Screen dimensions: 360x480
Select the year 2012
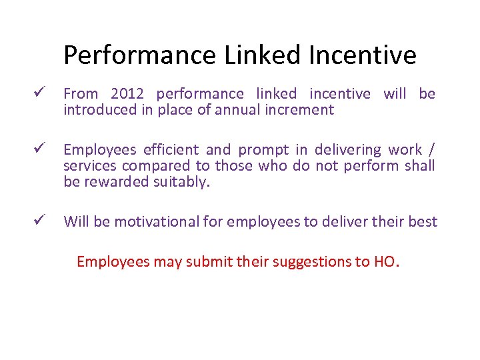[x=127, y=94]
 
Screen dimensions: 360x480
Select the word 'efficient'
[x=169, y=149]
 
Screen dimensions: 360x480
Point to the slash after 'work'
[x=432, y=149]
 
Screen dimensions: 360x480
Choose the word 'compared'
[x=155, y=166]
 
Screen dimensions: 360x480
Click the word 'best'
[x=423, y=221]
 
